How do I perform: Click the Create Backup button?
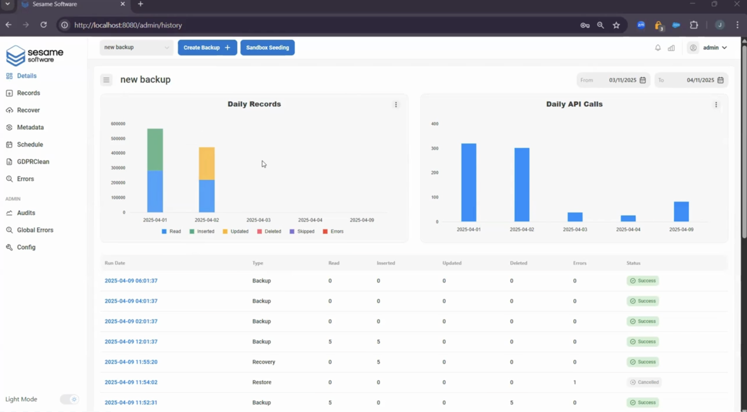click(x=207, y=48)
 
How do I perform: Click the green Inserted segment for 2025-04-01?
click(x=155, y=149)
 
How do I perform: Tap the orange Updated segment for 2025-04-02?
click(x=207, y=164)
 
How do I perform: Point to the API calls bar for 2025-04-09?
click(x=681, y=212)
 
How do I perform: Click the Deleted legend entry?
click(x=269, y=231)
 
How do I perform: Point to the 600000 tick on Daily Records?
click(x=118, y=124)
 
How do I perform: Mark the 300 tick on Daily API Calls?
click(x=435, y=148)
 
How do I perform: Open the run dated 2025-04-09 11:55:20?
click(x=131, y=362)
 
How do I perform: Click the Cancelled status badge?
click(x=644, y=382)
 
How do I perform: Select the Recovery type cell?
click(x=263, y=362)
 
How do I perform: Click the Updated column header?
click(x=452, y=263)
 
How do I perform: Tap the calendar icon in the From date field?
click(x=643, y=80)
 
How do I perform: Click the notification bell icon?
click(x=658, y=48)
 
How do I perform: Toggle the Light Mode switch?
click(x=69, y=399)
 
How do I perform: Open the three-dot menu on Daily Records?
click(x=396, y=104)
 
